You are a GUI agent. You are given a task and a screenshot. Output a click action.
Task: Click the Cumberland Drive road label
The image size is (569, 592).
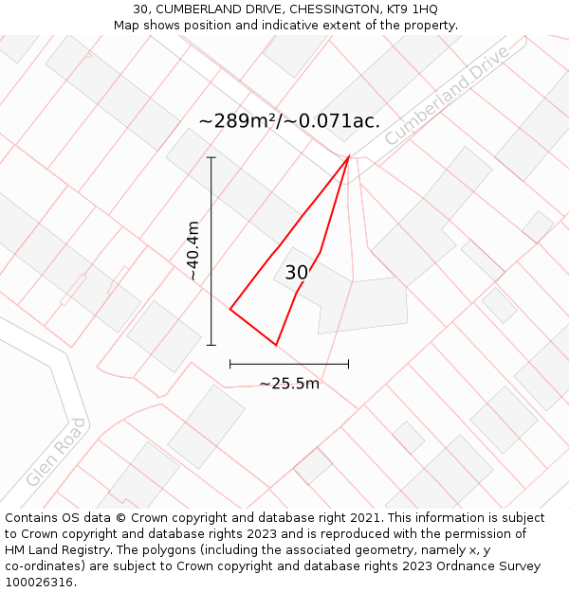point(447,95)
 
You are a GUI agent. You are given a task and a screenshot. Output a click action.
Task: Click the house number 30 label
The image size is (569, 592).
point(296,273)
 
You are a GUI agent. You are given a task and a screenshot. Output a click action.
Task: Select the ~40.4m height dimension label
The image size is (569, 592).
point(193,251)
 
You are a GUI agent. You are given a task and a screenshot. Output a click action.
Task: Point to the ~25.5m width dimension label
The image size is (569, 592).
point(289,384)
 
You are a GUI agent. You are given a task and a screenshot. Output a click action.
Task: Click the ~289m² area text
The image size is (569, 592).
point(237,121)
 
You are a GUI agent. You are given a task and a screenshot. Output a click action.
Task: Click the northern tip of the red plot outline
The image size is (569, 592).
point(349,156)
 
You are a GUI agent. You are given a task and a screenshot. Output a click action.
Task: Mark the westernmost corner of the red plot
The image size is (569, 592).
point(230,308)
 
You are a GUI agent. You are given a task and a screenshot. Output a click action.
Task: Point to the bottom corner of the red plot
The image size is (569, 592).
point(276,345)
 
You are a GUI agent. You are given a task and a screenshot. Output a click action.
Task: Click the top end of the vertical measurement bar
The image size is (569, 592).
point(211,157)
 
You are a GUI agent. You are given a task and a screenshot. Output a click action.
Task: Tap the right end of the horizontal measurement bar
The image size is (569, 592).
point(348,363)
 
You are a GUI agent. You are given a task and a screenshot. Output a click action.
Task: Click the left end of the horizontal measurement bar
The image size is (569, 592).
point(230,363)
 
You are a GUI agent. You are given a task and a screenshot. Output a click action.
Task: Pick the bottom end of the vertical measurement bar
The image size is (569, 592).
point(211,345)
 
